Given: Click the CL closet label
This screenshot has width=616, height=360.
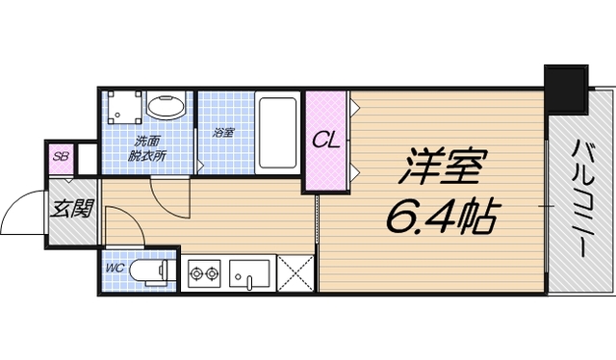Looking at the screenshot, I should pos(325,141).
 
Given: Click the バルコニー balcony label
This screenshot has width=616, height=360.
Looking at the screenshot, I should pos(582,197).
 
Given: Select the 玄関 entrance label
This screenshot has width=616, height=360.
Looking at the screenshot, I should pos(71,208).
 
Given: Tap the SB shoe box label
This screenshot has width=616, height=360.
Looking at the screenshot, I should pos(61,157).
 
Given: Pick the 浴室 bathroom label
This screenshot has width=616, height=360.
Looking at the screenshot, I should pos(223,132).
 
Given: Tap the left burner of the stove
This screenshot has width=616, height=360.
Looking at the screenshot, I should pos(196,274).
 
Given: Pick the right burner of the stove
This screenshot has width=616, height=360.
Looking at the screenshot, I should pos(214,274).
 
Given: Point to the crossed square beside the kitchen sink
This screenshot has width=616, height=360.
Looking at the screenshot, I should pos(295,274).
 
